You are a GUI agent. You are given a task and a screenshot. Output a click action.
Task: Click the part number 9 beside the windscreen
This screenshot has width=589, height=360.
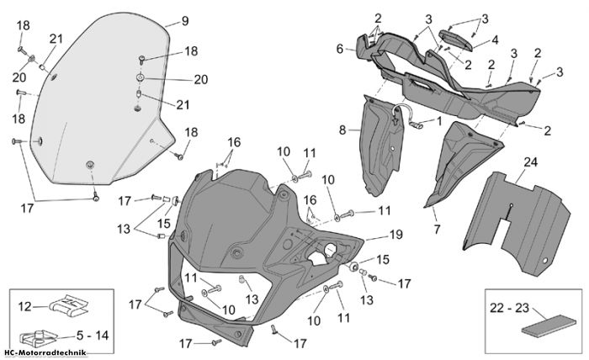185,21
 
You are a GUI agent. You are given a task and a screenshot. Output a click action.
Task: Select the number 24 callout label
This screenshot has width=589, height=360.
530,162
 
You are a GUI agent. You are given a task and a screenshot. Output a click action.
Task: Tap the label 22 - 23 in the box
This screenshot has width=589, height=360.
509,308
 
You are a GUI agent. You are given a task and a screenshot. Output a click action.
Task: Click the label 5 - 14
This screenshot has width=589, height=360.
93,336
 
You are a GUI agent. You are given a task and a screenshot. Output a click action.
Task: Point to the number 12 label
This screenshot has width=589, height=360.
24,307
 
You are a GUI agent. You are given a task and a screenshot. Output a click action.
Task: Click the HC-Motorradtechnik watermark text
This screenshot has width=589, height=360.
45,352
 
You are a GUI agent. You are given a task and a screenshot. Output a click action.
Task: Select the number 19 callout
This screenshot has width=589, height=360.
395,235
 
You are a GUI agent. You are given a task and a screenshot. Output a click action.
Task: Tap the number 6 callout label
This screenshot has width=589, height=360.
340,49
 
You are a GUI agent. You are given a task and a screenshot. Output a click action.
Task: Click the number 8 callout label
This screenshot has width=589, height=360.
342,130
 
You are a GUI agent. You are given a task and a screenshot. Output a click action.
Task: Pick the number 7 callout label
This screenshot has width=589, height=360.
437,229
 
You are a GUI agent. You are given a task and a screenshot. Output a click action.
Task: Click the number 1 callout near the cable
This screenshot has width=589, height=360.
439,121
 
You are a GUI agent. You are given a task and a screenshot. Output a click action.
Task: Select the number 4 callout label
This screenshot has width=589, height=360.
495,40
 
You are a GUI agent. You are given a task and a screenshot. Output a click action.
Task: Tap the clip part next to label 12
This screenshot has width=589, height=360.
68,304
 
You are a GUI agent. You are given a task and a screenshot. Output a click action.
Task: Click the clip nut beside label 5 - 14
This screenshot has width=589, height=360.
38,338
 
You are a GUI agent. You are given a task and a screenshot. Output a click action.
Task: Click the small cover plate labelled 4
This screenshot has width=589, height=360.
455,40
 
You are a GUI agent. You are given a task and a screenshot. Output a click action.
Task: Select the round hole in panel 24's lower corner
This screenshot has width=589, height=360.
544,261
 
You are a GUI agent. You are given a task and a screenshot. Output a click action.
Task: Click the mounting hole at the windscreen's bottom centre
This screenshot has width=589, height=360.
90,164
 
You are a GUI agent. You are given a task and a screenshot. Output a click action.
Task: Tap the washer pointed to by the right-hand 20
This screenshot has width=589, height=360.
141,78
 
